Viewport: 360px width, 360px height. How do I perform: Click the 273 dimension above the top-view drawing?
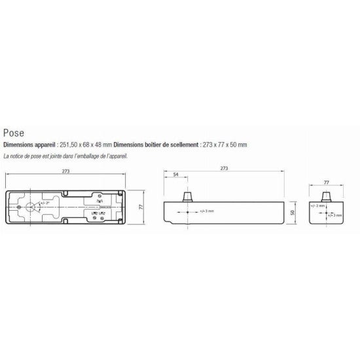click(x=65, y=171)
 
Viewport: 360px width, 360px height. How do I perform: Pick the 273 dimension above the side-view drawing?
click(x=225, y=169)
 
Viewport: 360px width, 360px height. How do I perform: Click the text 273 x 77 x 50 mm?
click(x=225, y=145)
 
